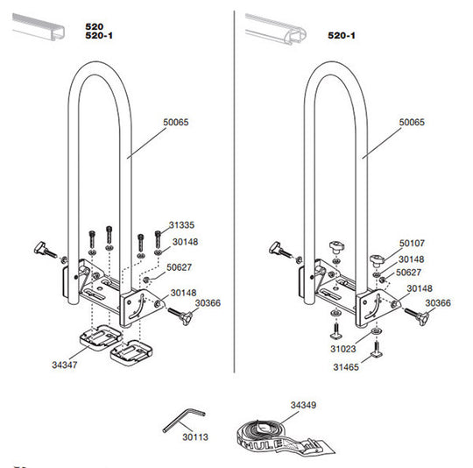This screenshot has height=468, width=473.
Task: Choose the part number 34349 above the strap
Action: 302,406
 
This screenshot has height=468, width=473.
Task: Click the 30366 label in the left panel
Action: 208,302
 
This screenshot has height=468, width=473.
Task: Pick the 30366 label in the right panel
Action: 439,302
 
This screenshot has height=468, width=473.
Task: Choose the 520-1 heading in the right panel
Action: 341,36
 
